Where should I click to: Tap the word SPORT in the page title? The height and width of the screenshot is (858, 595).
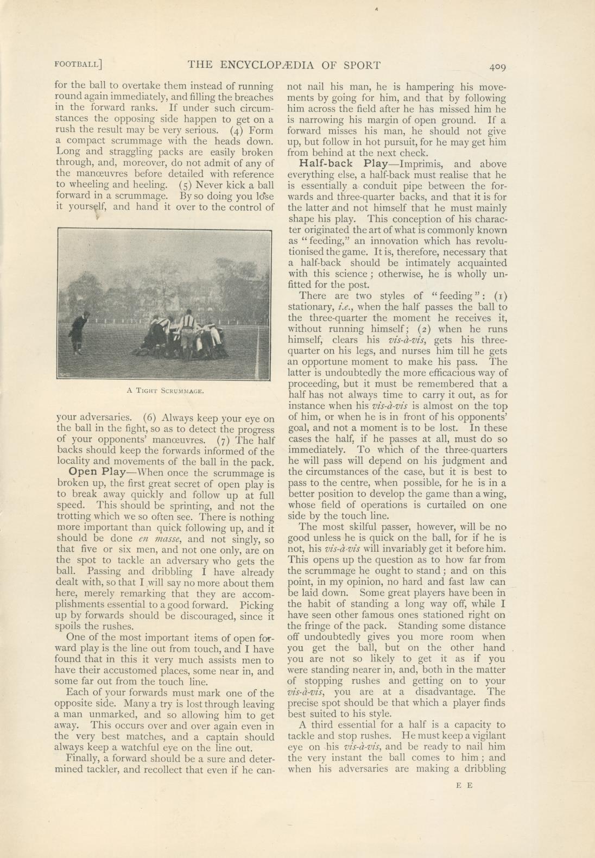point(362,65)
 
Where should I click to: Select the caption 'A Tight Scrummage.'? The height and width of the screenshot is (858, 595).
point(165,390)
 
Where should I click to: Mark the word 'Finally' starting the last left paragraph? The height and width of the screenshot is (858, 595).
point(83,759)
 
